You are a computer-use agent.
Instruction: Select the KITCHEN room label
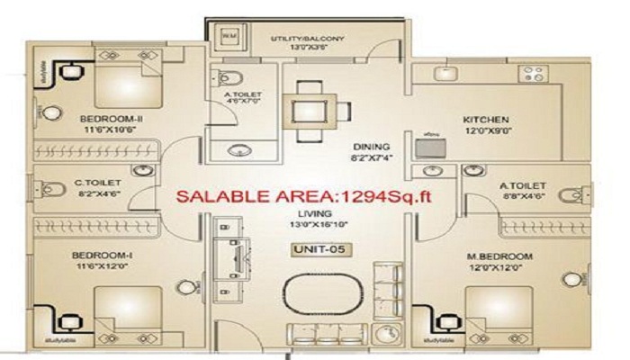[486, 120]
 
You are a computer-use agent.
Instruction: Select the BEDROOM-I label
[97, 256]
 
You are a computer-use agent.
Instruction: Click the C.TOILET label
[97, 183]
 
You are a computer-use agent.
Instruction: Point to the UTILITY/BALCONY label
[308, 39]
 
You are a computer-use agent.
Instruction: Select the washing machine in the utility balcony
[229, 36]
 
